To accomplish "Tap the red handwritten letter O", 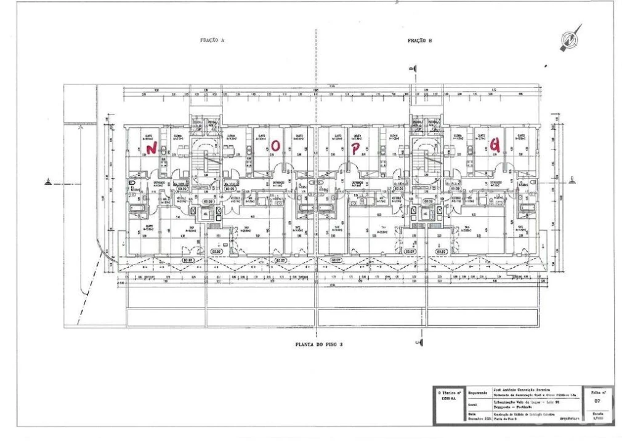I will coord(277,145).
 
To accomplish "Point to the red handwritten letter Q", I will coord(494,145).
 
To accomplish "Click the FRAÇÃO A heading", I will coord(212,40).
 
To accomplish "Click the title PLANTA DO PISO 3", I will coord(318,345).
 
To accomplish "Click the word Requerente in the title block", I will coord(478,392).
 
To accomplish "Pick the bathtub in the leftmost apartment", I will coord(137,211).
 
